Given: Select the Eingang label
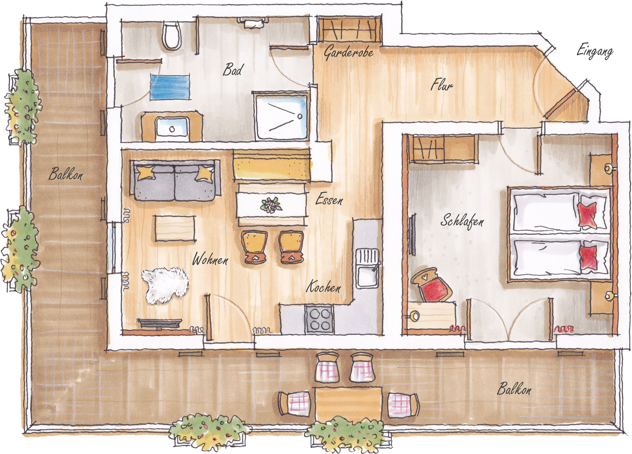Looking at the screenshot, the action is (595, 53).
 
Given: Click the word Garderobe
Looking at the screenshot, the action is (349, 52).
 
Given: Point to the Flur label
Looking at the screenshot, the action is (442, 85).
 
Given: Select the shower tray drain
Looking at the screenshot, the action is (300, 116).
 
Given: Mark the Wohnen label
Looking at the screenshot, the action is (210, 260).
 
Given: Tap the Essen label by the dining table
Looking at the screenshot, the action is (329, 200).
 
